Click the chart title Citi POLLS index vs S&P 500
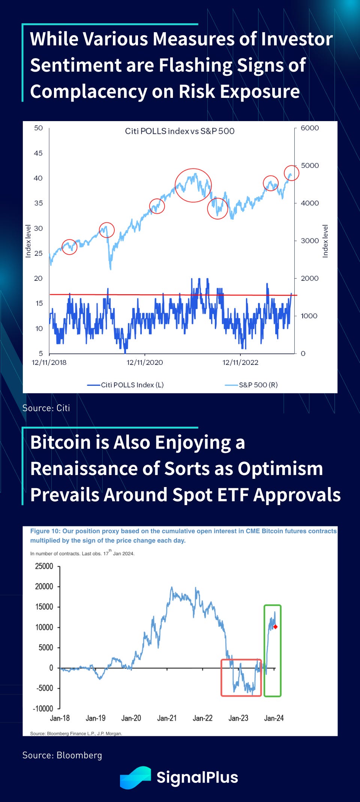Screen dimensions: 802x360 coord(180,131)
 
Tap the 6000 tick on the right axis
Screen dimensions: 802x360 coord(309,128)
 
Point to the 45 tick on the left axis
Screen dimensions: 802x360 coord(38,153)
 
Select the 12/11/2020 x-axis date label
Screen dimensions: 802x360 coord(145,363)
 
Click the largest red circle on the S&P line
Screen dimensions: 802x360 coord(193,185)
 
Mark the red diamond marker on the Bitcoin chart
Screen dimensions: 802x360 coord(275,627)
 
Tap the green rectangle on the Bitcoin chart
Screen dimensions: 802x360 coord(272,651)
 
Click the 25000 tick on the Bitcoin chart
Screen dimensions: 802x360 coord(44,566)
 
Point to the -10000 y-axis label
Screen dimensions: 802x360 coord(43,709)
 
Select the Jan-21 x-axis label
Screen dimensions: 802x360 coord(167,718)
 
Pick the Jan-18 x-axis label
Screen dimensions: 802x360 coord(60,718)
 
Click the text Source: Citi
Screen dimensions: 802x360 coord(46,408)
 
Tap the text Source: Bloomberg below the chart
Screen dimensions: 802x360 coord(62,755)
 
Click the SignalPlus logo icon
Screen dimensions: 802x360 coord(135,778)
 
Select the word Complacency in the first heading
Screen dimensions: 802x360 coord(88,91)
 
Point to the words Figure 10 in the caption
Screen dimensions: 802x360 coord(45,531)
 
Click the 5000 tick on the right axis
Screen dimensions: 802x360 coord(309,165)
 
